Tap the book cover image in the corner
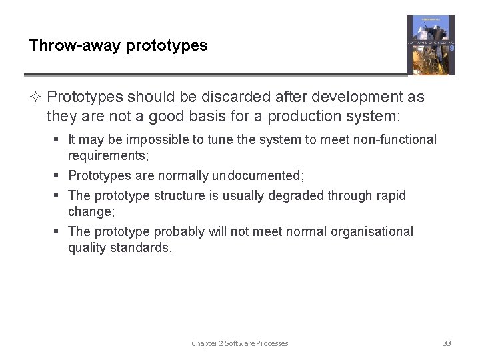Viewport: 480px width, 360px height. [431, 45]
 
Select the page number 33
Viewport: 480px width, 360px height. [447, 343]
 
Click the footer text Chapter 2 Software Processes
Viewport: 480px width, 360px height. [240, 343]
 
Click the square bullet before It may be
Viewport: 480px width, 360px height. [59, 140]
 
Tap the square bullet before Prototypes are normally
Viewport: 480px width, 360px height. [59, 175]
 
